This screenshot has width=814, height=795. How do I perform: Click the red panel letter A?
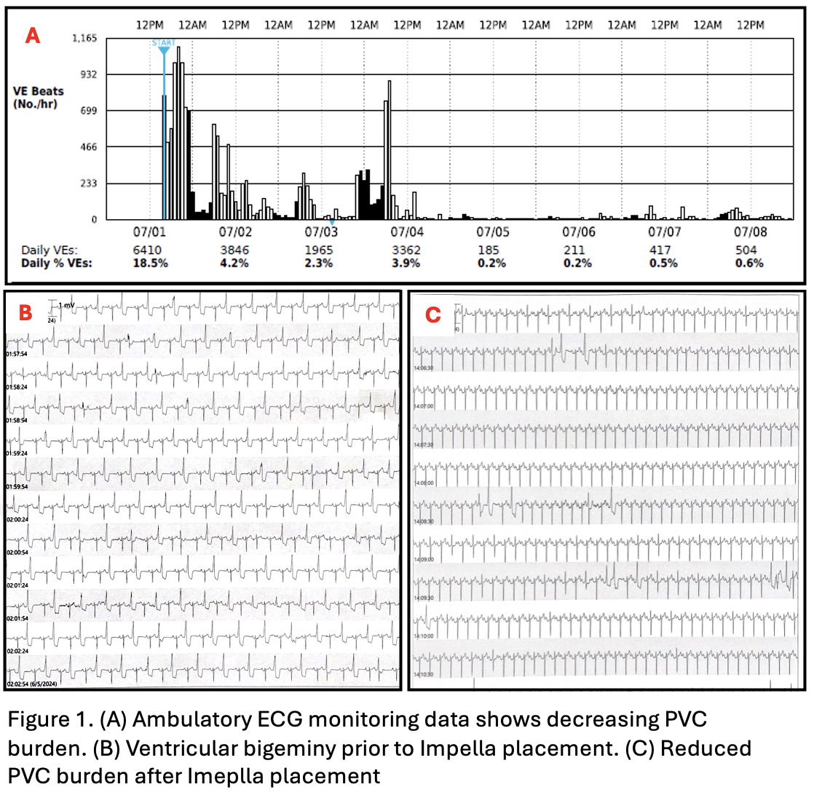point(33,34)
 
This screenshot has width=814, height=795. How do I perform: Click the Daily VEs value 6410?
point(149,250)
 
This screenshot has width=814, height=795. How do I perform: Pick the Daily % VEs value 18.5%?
point(149,263)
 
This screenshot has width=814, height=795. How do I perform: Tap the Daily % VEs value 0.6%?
point(751,263)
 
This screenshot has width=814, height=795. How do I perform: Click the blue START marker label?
point(163,43)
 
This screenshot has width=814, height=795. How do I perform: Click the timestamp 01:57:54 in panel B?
point(17,354)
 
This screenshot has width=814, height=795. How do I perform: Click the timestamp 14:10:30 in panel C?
point(424,674)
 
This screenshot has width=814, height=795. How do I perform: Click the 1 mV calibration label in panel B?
point(66,305)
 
